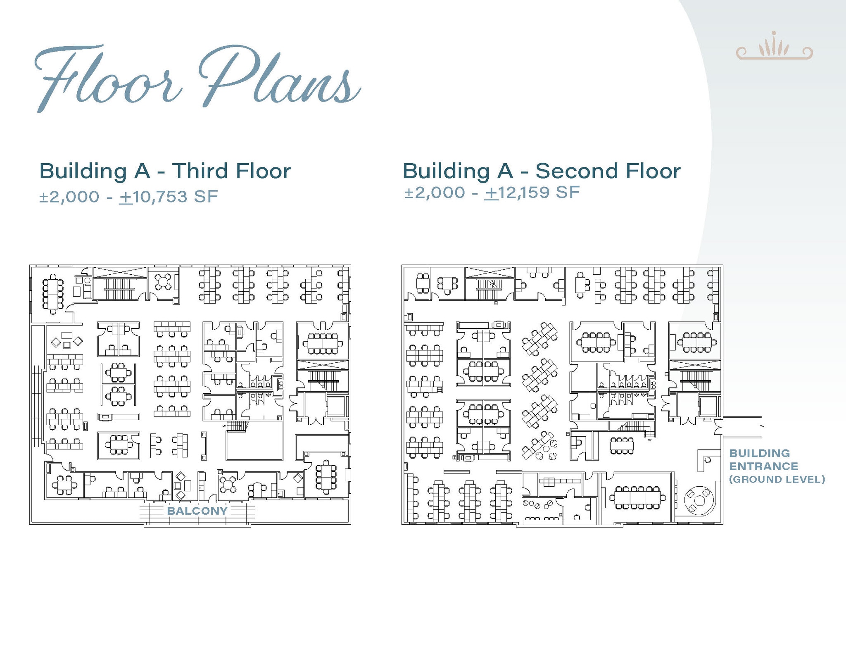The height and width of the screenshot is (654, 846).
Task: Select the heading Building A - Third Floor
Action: [165, 171]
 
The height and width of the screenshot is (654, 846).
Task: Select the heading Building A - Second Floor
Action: [542, 171]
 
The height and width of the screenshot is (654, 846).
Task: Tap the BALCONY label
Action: [197, 511]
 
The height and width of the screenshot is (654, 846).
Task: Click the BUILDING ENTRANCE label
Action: [763, 459]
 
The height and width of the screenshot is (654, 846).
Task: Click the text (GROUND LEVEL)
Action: [777, 479]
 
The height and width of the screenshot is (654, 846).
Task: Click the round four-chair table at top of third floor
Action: [164, 282]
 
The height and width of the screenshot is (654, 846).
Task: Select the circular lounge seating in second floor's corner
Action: [699, 501]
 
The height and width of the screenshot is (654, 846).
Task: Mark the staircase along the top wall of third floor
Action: [120, 283]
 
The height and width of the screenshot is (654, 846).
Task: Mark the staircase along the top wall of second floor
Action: [490, 283]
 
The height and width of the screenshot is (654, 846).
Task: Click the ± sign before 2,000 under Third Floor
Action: [44, 197]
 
